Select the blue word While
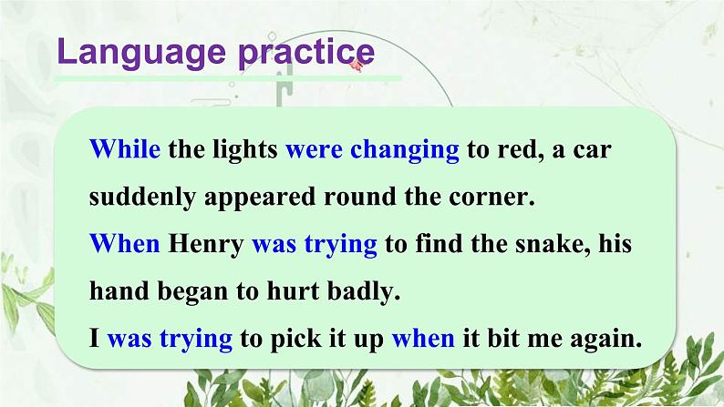pyautogui.click(x=126, y=149)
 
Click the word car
pyautogui.click(x=593, y=149)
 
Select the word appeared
pyautogui.click(x=278, y=198)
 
